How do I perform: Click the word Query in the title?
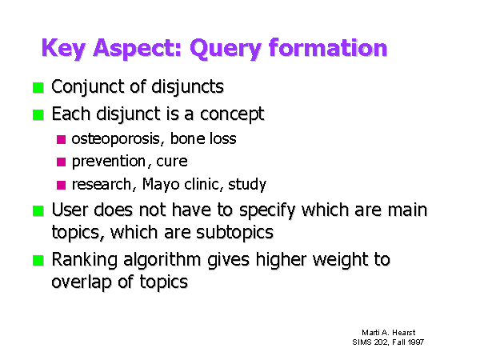point(226,49)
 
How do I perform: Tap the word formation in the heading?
point(328,47)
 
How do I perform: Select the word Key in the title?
point(63,49)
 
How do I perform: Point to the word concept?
point(232,114)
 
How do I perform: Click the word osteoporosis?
point(116,139)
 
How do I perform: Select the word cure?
point(172,162)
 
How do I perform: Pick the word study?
point(247,185)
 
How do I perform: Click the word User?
point(70,210)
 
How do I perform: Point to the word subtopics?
point(234,233)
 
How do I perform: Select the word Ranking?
point(85,260)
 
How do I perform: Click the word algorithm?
point(162,260)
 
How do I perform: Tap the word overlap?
point(81,282)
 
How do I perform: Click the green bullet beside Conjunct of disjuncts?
point(38,88)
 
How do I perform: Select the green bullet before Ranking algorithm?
point(38,261)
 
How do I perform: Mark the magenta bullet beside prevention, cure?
point(62,162)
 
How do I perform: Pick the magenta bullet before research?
point(62,186)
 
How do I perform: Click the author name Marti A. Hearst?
point(389,333)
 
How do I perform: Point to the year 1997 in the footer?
point(416,342)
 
